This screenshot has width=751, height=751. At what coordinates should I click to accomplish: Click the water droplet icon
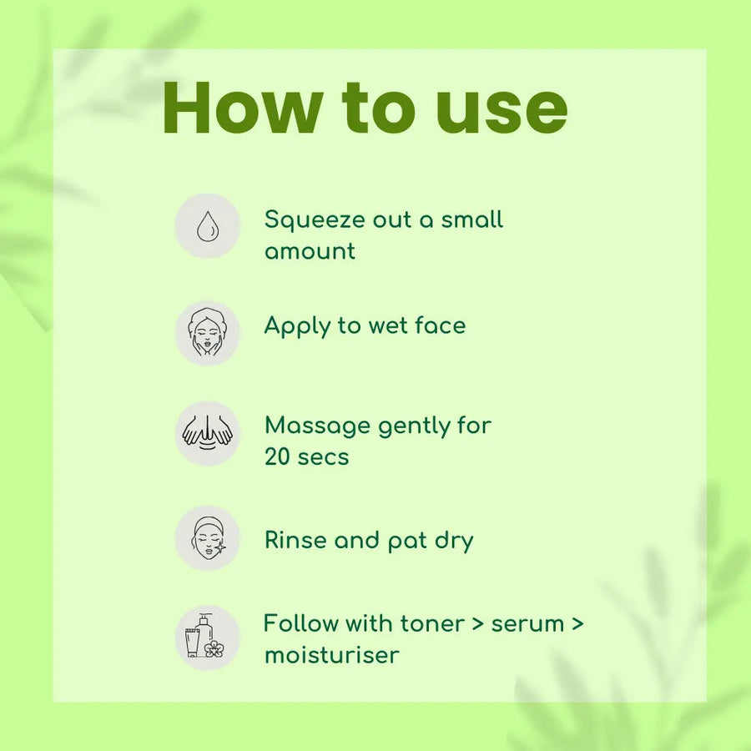tap(208, 226)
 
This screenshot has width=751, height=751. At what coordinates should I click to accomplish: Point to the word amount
tap(310, 251)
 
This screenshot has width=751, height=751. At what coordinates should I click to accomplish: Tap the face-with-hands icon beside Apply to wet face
tap(208, 333)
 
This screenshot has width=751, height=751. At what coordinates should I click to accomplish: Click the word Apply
tap(297, 326)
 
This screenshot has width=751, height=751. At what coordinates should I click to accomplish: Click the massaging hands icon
tap(208, 432)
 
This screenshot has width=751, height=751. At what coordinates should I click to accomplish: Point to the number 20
tap(277, 456)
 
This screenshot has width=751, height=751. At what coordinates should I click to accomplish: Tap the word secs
tap(323, 458)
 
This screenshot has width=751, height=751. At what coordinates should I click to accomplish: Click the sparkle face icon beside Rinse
tap(209, 538)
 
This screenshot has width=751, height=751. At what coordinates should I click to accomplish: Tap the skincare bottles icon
tap(205, 636)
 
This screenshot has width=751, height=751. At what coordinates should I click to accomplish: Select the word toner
tap(432, 624)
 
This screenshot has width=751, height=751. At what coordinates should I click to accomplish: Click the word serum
tap(527, 625)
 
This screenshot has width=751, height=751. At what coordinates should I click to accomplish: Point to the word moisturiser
tap(331, 655)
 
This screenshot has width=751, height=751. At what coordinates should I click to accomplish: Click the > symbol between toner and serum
tap(477, 624)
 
